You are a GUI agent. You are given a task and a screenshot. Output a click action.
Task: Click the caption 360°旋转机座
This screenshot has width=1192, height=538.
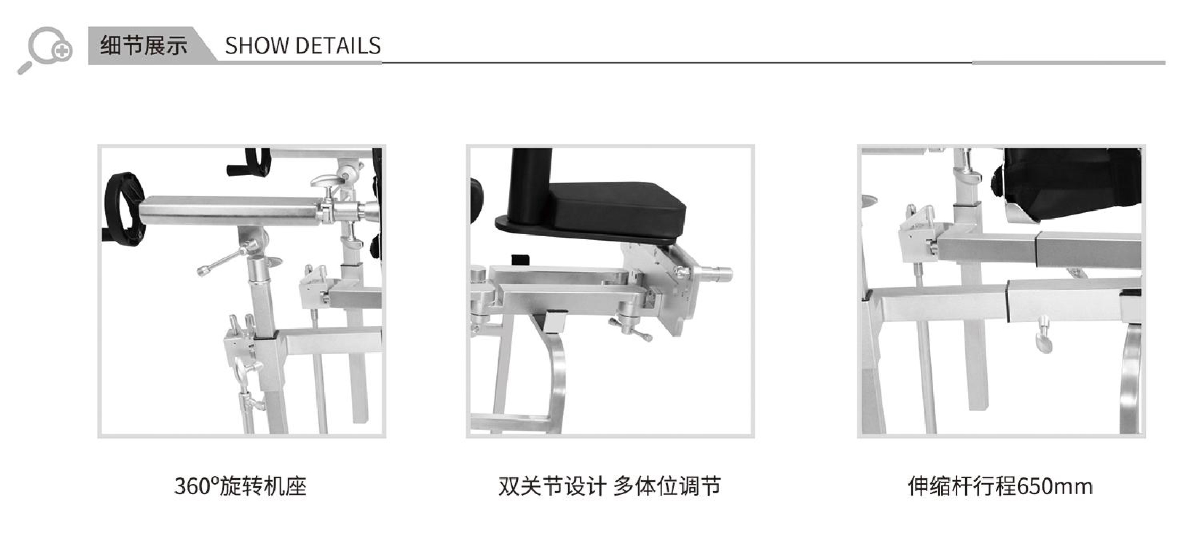coord(240,486)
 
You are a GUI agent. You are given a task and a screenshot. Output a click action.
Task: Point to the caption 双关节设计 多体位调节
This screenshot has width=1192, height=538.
coord(610,486)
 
